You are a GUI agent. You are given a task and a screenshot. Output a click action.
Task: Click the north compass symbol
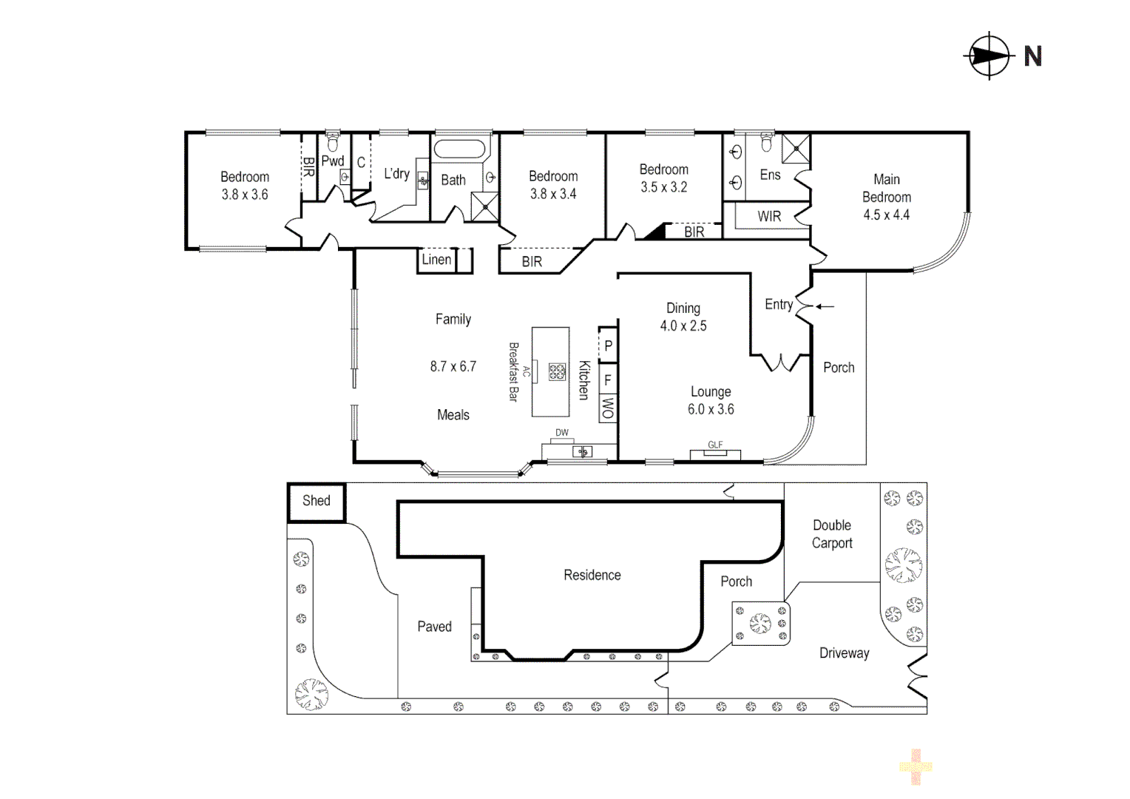click(x=989, y=56)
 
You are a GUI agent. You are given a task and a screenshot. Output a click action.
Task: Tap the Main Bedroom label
click(x=886, y=189)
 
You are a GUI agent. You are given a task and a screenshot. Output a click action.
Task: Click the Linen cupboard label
click(x=436, y=260)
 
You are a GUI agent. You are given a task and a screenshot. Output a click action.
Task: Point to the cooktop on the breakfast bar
click(x=557, y=372)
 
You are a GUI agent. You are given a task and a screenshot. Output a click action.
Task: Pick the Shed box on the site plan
click(x=316, y=502)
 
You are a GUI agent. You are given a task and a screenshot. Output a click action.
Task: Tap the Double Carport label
click(x=832, y=534)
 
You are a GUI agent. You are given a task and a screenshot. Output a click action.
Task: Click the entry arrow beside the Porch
click(x=825, y=306)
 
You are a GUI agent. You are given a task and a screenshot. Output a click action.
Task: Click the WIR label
click(x=769, y=217)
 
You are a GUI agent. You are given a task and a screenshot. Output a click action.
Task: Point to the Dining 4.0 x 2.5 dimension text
click(x=683, y=326)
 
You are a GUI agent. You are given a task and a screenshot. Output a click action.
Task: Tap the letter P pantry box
click(x=608, y=345)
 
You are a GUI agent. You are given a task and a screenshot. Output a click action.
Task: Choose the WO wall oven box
click(x=608, y=408)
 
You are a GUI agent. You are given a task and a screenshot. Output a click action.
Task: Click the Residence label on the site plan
click(x=592, y=575)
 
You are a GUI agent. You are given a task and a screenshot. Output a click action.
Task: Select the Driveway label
click(x=844, y=653)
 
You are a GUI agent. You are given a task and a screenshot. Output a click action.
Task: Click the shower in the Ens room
click(x=796, y=149)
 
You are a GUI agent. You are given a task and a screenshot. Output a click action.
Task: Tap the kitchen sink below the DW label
click(x=582, y=451)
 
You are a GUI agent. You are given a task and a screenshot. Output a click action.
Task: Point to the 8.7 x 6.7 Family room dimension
click(x=453, y=366)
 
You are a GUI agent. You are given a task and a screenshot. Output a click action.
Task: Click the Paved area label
click(x=434, y=627)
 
